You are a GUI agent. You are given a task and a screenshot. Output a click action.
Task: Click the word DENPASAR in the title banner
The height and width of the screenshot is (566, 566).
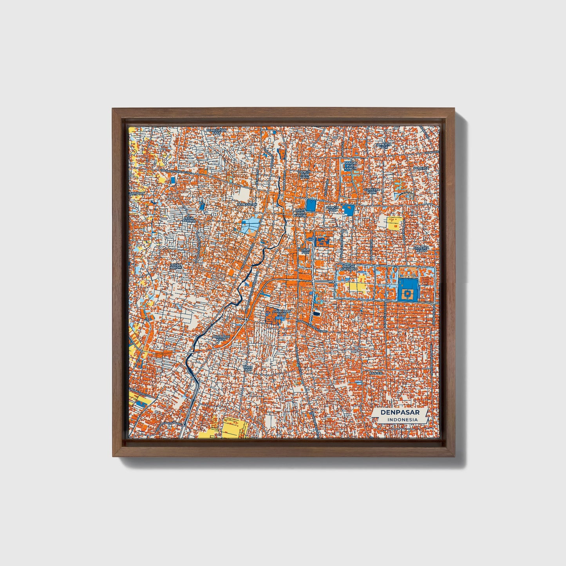pos(399,412)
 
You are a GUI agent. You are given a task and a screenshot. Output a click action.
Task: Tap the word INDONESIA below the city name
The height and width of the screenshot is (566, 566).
pos(402,420)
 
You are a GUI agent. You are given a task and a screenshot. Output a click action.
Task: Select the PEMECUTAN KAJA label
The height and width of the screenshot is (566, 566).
pos(217,131)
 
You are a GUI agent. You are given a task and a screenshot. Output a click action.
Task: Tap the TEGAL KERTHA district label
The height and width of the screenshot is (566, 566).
pos(189,219)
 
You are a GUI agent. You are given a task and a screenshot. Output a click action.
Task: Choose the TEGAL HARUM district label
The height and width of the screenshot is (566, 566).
pos(176,266)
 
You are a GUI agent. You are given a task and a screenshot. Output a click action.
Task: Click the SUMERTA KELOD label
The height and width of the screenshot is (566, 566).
pos(422,249)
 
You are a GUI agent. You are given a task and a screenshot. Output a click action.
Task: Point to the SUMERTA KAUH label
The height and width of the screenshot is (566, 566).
pos(371,191)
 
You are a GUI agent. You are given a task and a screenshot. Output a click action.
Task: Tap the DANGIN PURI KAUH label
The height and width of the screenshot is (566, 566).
pos(304,175)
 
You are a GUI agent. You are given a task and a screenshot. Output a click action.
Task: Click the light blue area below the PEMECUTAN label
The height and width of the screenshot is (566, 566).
pos(250,226)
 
